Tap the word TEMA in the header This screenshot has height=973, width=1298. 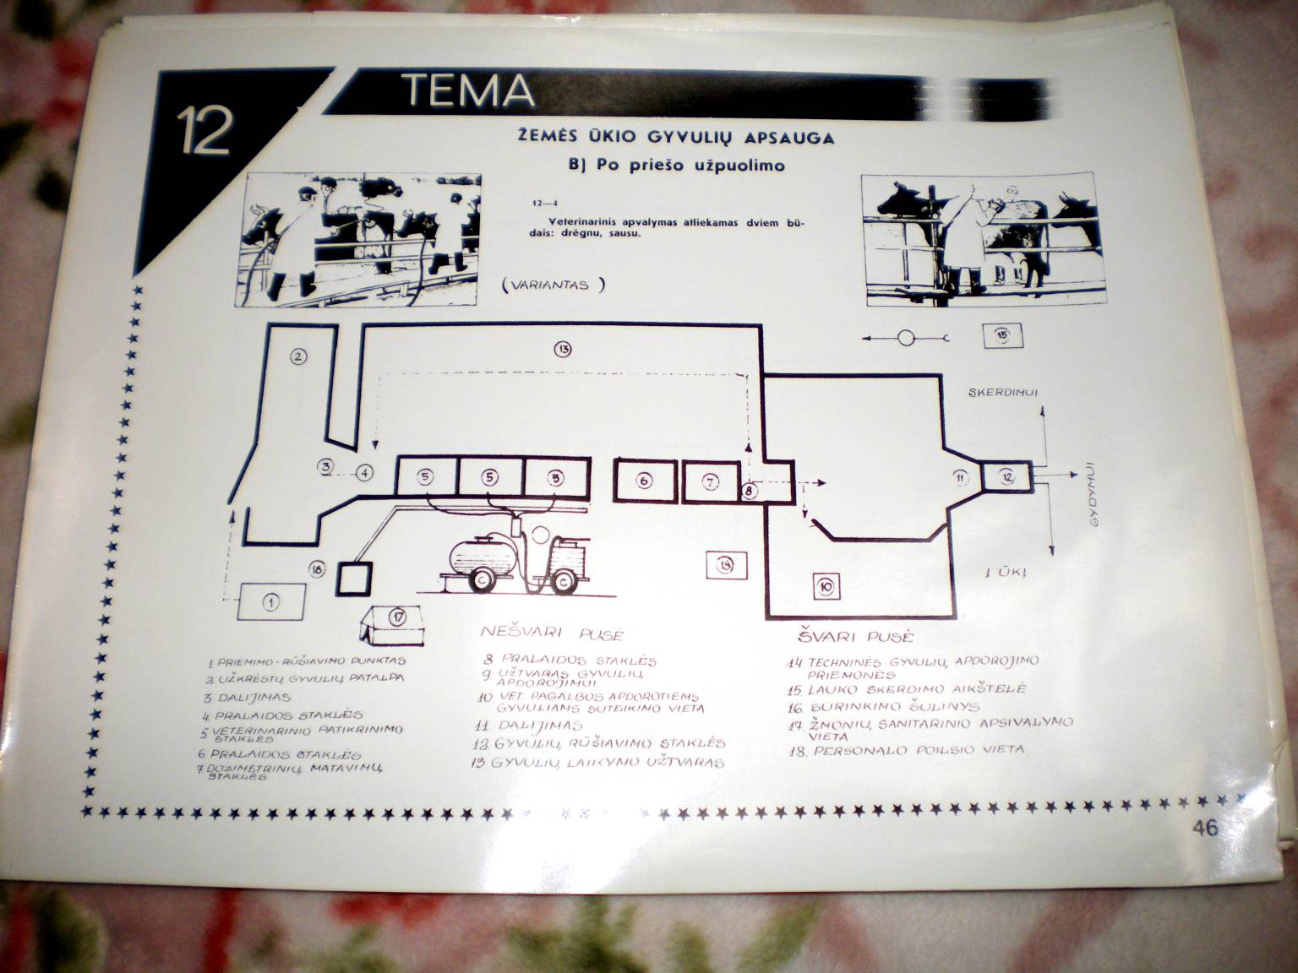(x=467, y=89)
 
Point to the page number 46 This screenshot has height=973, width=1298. (x=1206, y=828)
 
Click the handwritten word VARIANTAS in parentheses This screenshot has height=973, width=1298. (x=553, y=285)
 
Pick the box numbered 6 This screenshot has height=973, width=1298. (x=644, y=481)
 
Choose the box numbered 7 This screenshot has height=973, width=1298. (x=711, y=481)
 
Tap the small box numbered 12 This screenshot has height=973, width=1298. (x=1006, y=477)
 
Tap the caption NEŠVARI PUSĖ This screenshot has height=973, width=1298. (x=552, y=633)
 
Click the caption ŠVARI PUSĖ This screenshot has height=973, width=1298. (x=855, y=636)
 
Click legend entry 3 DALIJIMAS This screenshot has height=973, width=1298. (x=248, y=697)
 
